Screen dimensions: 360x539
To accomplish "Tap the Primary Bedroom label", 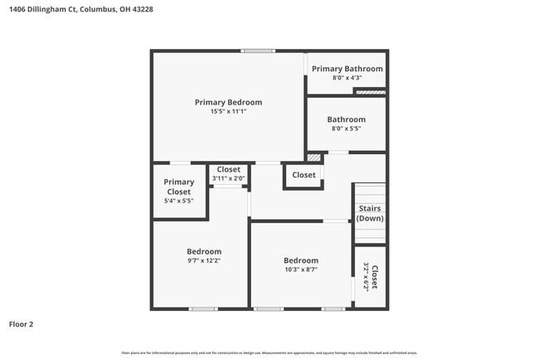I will [228, 102].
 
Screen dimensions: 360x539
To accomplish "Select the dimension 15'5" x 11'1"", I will [228, 112].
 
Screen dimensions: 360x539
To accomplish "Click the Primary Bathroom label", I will [347, 69].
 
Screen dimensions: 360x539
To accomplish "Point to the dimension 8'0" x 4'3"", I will [347, 79].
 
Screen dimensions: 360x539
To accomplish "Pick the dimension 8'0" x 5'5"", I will [346, 129].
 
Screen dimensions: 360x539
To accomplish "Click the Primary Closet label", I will [178, 187].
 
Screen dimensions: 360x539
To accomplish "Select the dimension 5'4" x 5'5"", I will [178, 201].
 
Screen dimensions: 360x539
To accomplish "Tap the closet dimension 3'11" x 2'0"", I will [228, 178].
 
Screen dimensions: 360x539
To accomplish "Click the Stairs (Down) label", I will [370, 213].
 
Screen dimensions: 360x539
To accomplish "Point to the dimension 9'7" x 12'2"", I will [203, 261].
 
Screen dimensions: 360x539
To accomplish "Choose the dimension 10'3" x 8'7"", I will [300, 270].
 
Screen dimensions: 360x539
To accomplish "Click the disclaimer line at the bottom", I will [269, 353].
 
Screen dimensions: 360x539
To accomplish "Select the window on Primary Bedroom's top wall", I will [258, 51].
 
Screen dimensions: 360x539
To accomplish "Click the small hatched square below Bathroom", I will [313, 157].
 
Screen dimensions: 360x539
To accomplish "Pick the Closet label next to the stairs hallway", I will [303, 175].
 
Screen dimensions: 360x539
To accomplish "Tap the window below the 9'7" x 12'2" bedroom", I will [203, 309].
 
